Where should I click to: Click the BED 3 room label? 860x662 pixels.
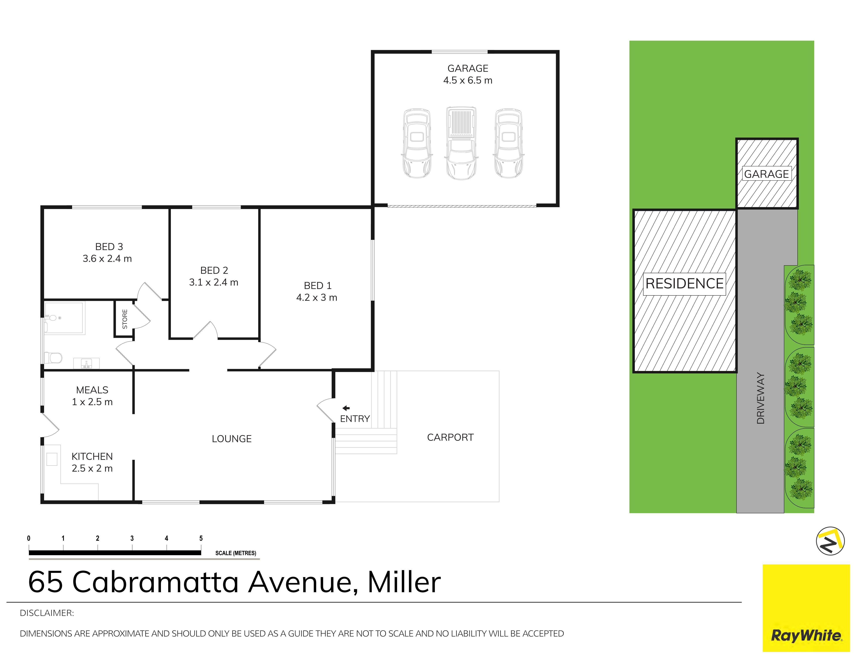click(109, 247)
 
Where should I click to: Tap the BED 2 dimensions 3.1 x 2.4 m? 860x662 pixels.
click(214, 282)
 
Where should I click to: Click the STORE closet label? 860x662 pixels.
click(125, 319)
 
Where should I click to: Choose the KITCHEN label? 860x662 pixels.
click(92, 456)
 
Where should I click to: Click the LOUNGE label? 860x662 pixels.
click(231, 439)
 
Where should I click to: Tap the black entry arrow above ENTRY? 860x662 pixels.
click(346, 408)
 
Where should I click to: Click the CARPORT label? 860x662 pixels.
click(450, 437)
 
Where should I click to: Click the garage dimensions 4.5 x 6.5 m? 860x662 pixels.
click(468, 80)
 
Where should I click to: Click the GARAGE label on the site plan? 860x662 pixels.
click(766, 174)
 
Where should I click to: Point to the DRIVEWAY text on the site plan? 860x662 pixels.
click(760, 398)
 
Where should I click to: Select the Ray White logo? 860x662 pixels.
click(806, 613)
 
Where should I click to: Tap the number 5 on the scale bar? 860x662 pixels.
click(201, 538)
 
